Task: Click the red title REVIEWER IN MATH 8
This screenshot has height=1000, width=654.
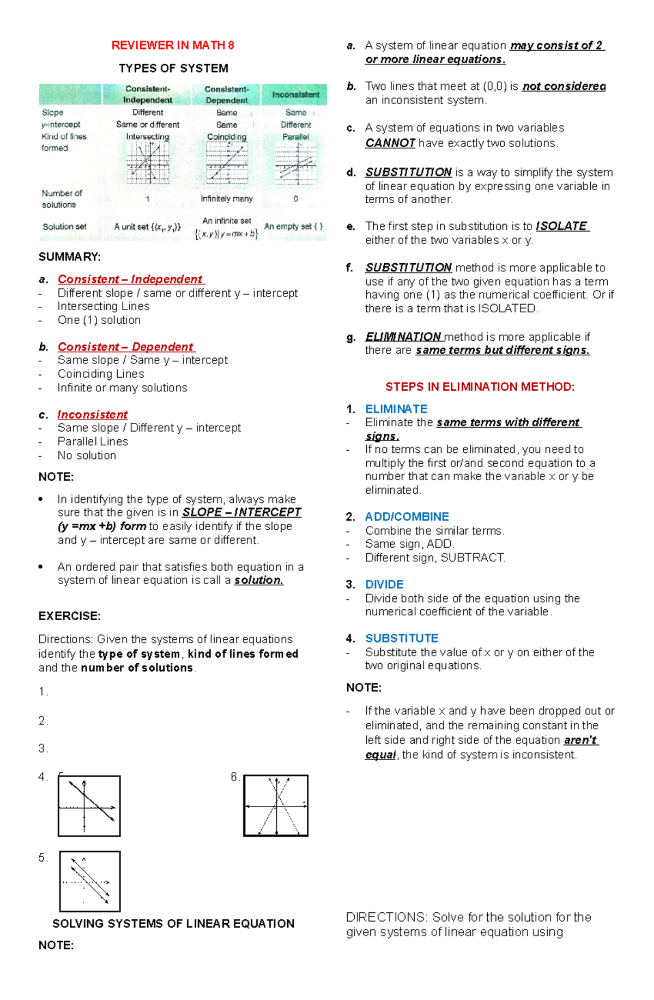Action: tap(173, 46)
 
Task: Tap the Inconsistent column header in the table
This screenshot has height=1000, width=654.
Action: tap(295, 95)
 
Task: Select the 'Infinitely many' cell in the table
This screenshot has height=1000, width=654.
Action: tap(227, 199)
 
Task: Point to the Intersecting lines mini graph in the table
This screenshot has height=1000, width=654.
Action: tap(148, 162)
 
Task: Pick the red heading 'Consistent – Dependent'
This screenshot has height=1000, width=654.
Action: tap(126, 347)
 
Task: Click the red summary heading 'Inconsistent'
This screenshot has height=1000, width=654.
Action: tap(93, 415)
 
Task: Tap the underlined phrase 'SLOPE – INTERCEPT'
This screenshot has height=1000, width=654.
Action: tap(241, 513)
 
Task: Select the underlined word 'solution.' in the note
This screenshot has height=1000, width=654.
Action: tap(259, 580)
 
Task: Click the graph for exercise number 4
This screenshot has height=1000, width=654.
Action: tap(89, 807)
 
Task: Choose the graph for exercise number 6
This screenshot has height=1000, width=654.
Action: tap(276, 805)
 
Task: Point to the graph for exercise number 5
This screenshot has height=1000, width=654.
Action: tap(89, 881)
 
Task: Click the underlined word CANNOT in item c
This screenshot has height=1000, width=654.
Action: tap(390, 143)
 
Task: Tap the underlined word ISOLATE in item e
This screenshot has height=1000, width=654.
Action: tap(561, 226)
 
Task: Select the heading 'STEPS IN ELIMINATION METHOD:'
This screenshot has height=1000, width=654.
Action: tap(480, 387)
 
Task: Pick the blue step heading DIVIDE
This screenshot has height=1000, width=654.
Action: tap(384, 585)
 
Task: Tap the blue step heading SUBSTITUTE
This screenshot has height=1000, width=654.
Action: tap(402, 638)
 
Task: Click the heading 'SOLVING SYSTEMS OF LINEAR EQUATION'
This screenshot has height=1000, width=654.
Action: tap(173, 924)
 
